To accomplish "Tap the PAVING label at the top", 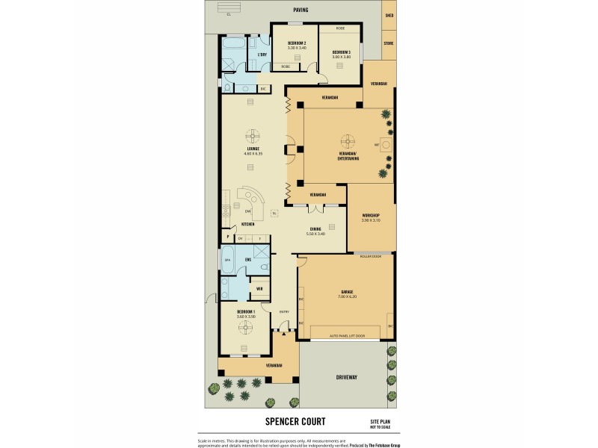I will pyautogui.click(x=300, y=10).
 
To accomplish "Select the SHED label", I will pyautogui.click(x=389, y=15).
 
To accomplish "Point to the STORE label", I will pyautogui.click(x=389, y=43).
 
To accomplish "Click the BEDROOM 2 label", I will pyautogui.click(x=297, y=43).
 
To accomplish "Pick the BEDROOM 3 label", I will pyautogui.click(x=341, y=52).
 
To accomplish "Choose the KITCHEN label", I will pyautogui.click(x=247, y=224).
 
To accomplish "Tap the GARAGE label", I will pyautogui.click(x=347, y=291).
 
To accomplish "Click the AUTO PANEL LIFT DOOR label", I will pyautogui.click(x=346, y=337).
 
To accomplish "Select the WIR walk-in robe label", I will pyautogui.click(x=259, y=288).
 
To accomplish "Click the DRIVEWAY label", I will pyautogui.click(x=346, y=378).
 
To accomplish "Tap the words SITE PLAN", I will pyautogui.click(x=380, y=422).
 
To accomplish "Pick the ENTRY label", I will pyautogui.click(x=284, y=311).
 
